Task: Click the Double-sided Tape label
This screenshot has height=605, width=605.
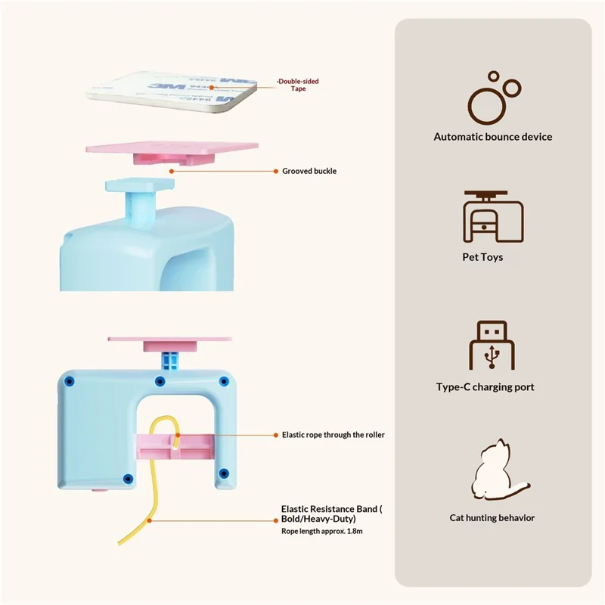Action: point(298,85)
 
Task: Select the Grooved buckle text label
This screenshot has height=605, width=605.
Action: point(309,171)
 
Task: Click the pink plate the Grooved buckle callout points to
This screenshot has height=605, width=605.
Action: point(172,149)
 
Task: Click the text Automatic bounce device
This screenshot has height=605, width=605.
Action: point(492,137)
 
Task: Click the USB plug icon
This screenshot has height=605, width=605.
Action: point(492,346)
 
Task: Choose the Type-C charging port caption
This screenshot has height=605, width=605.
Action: point(485,387)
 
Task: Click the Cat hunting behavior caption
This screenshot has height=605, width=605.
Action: point(492,518)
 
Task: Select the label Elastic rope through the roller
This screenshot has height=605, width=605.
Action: point(333,435)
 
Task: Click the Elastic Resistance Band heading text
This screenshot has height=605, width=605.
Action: point(331,514)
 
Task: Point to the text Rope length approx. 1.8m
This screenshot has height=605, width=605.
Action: point(321,532)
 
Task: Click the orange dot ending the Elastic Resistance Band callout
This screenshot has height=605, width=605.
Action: point(150,520)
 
